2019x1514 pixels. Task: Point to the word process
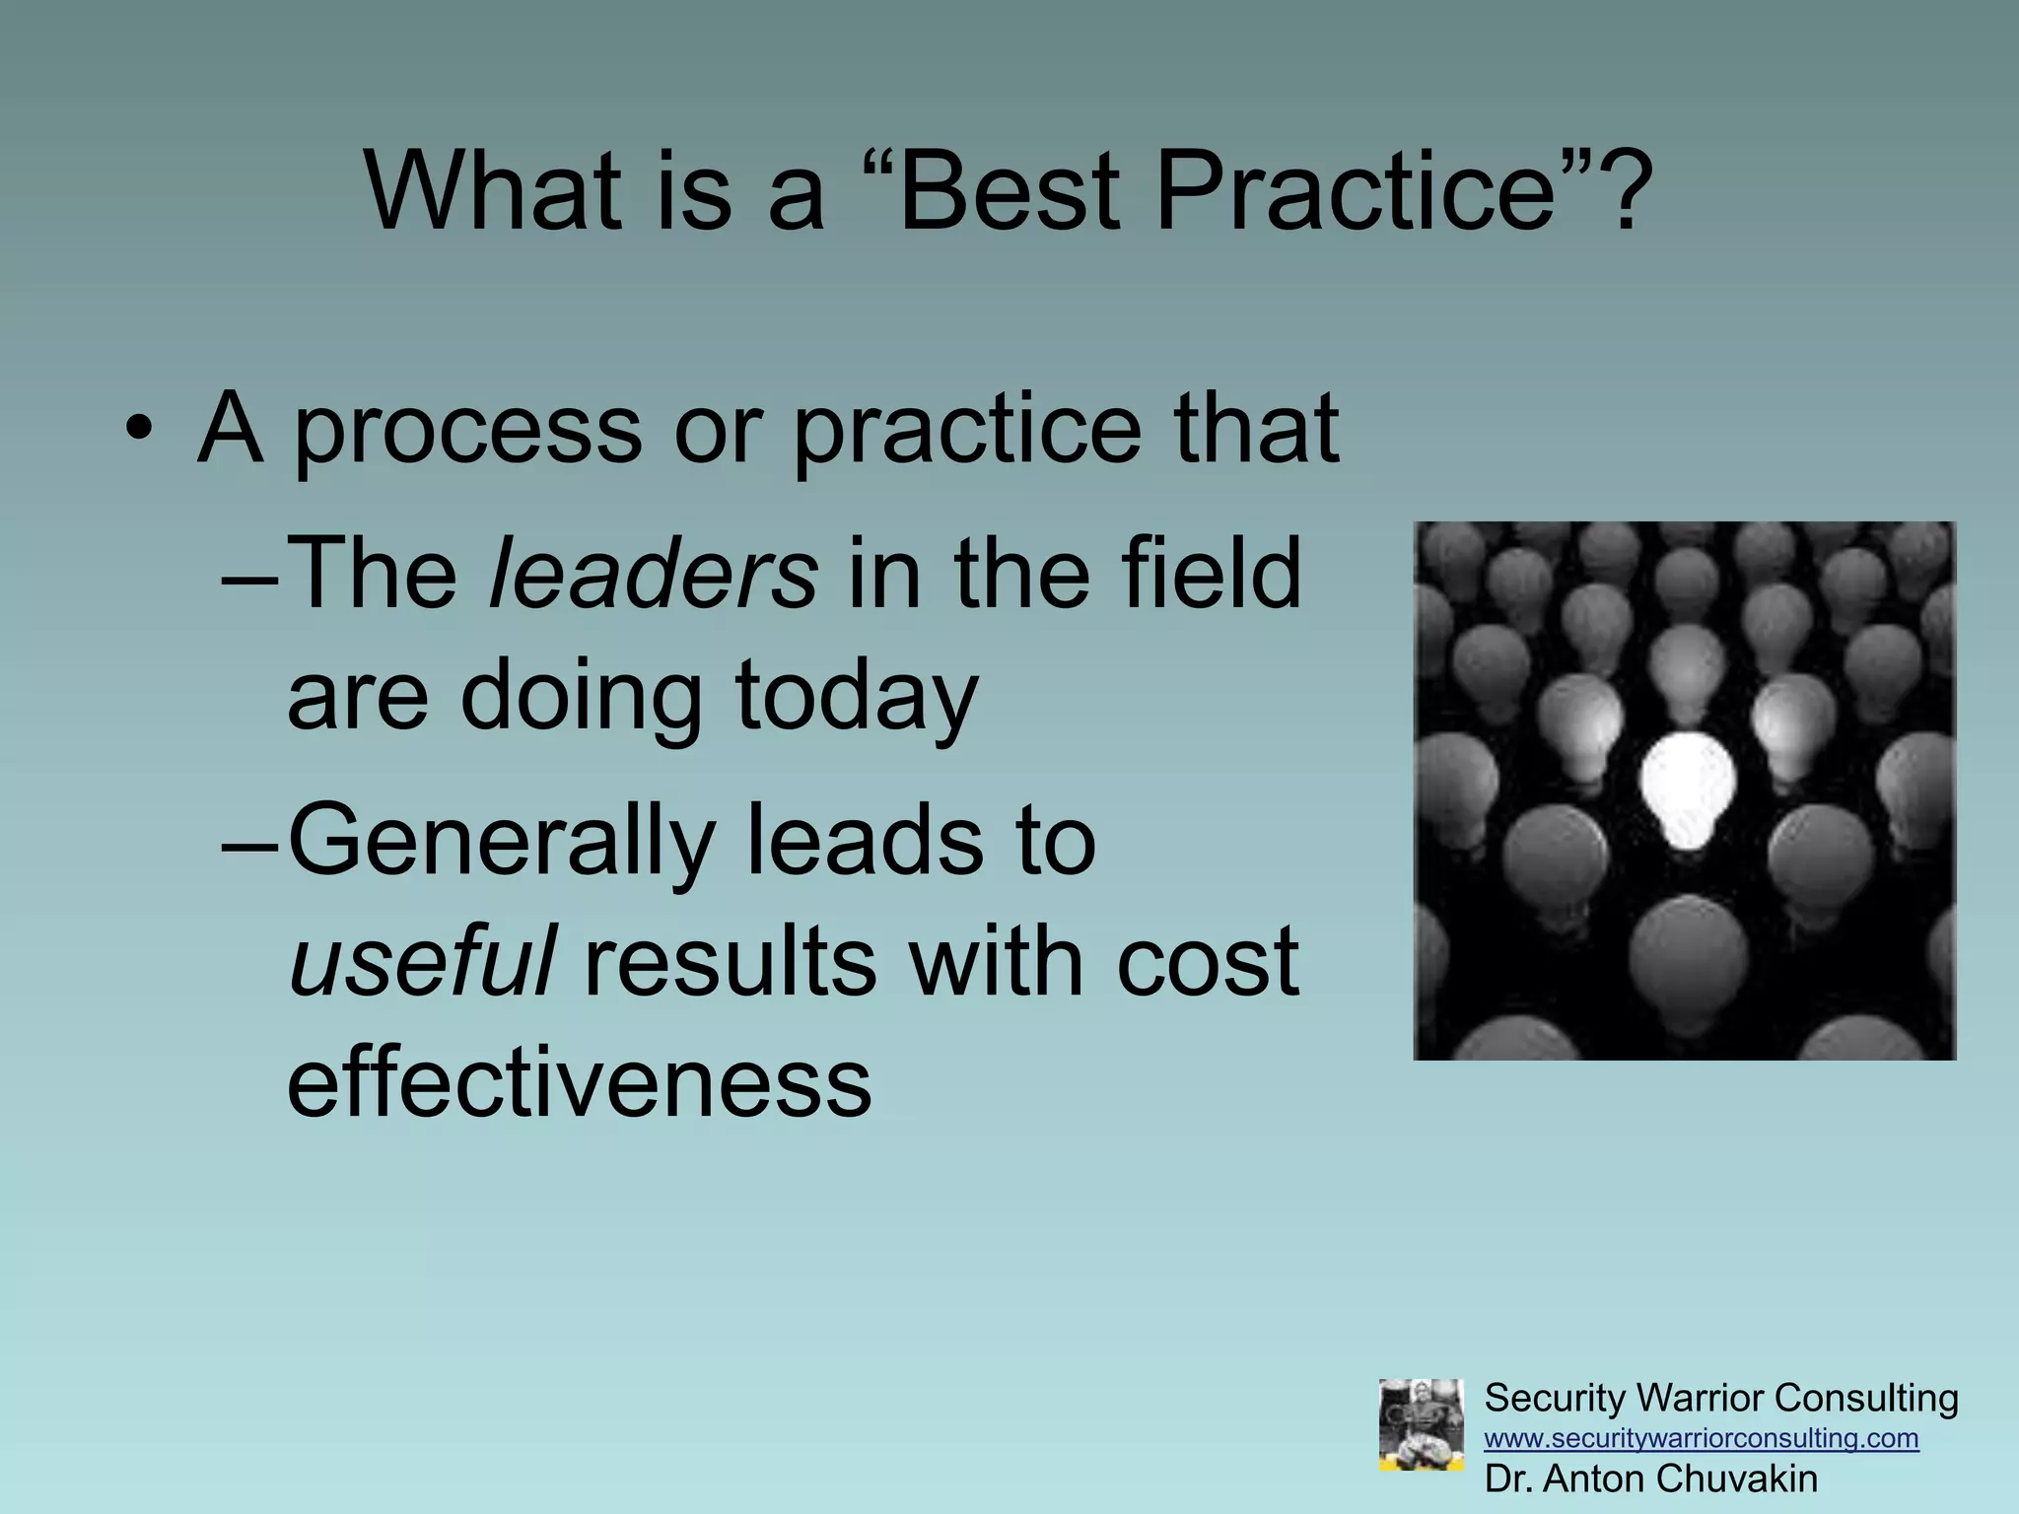[466, 430]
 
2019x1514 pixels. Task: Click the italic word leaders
[653, 574]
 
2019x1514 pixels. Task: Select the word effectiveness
[579, 1082]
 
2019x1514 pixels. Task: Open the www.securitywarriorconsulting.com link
[1702, 1438]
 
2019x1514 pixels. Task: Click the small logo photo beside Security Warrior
[1421, 1424]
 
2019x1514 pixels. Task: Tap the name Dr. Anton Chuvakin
[1650, 1479]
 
